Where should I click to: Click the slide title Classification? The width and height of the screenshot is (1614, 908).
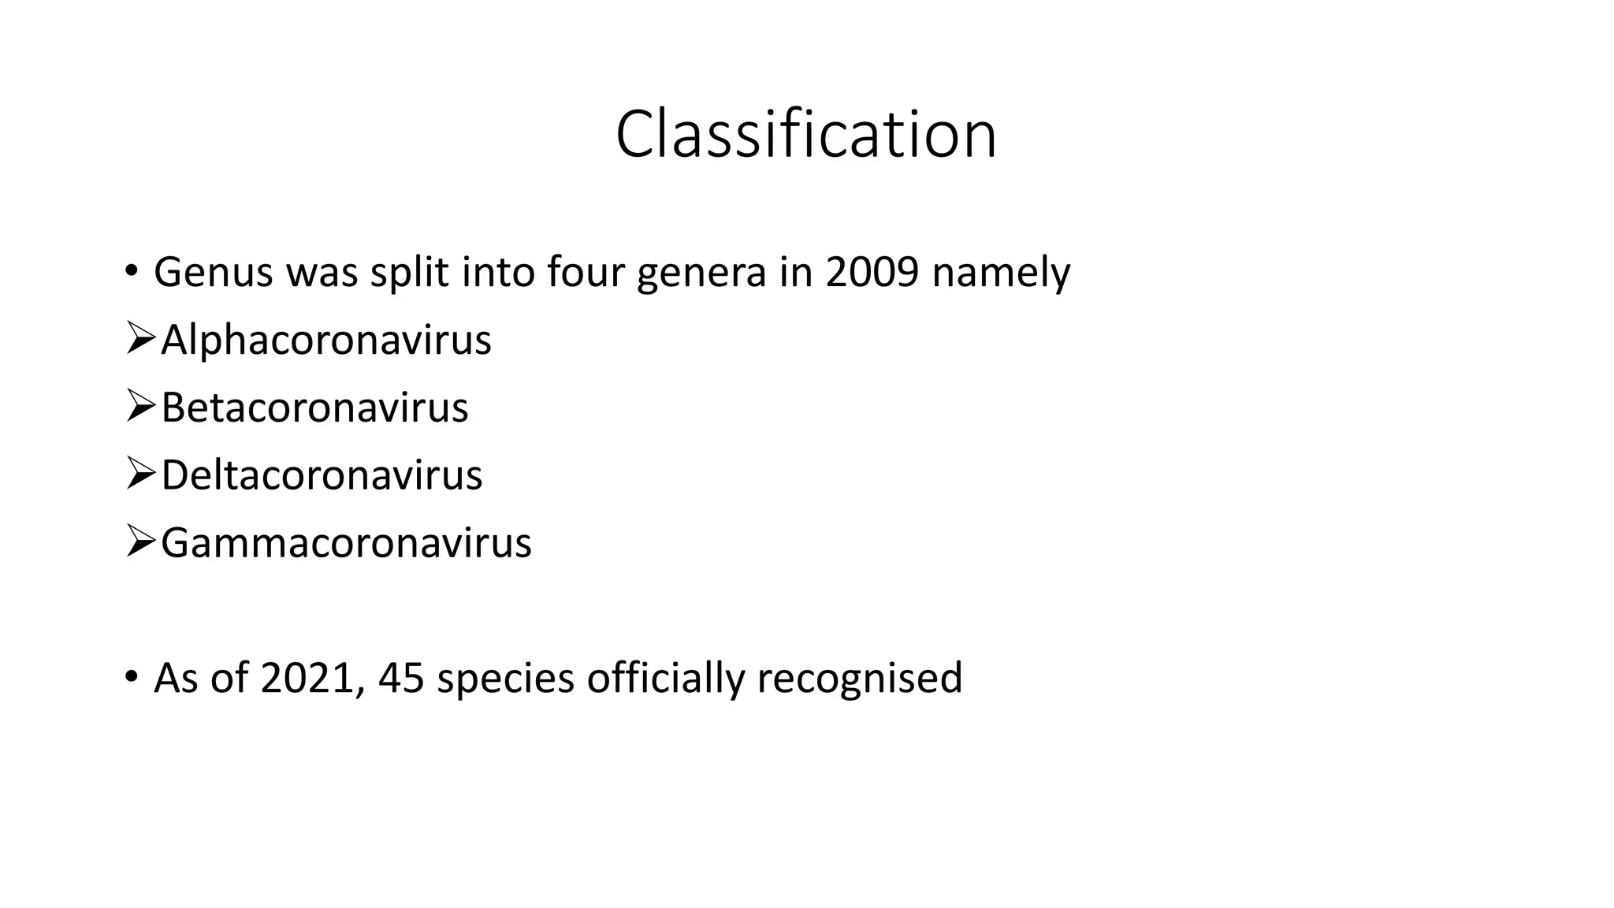pos(805,135)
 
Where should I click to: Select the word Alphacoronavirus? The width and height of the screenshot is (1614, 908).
pos(326,340)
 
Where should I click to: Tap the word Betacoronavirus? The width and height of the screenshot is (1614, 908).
pos(314,408)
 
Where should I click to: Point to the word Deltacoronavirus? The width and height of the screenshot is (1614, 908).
pos(322,475)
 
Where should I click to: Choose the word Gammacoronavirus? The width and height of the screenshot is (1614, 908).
pos(346,543)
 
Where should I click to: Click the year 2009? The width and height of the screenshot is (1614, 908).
pos(872,272)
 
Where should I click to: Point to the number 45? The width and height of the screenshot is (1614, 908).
pos(400,678)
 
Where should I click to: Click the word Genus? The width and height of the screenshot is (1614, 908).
pos(214,272)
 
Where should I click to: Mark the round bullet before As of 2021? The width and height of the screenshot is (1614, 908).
pos(131,677)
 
